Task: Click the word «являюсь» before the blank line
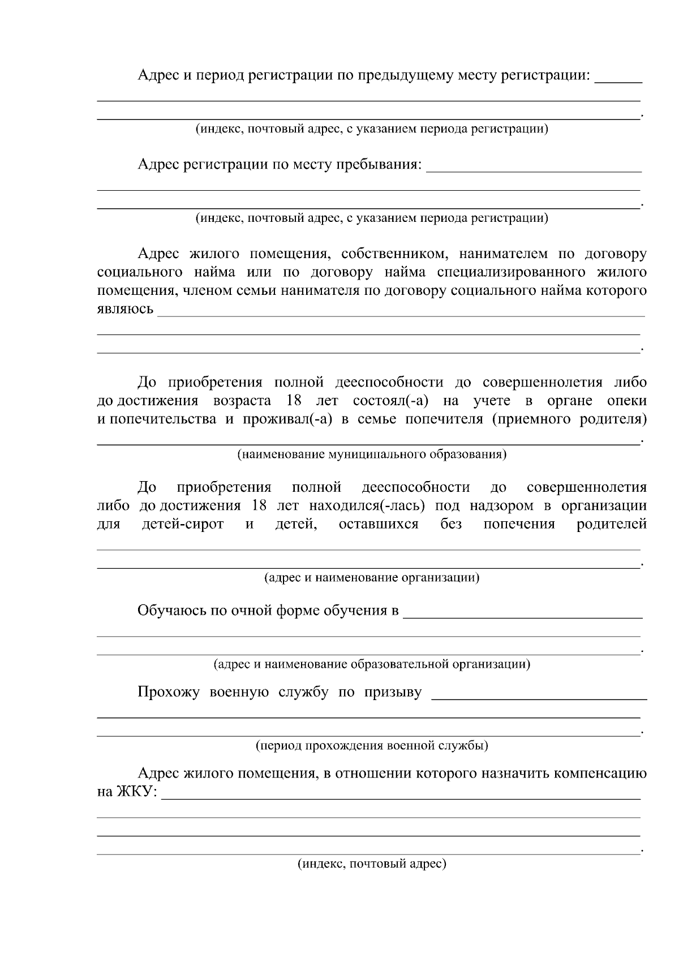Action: click(125, 309)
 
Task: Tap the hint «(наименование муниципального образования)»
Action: click(371, 454)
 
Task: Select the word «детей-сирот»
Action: click(182, 524)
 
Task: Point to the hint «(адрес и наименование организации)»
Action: click(372, 578)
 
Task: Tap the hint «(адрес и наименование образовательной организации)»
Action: click(372, 664)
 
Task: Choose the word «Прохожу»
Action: click(168, 692)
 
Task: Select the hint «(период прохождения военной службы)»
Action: click(372, 745)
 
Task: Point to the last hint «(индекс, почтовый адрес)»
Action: click(372, 864)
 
